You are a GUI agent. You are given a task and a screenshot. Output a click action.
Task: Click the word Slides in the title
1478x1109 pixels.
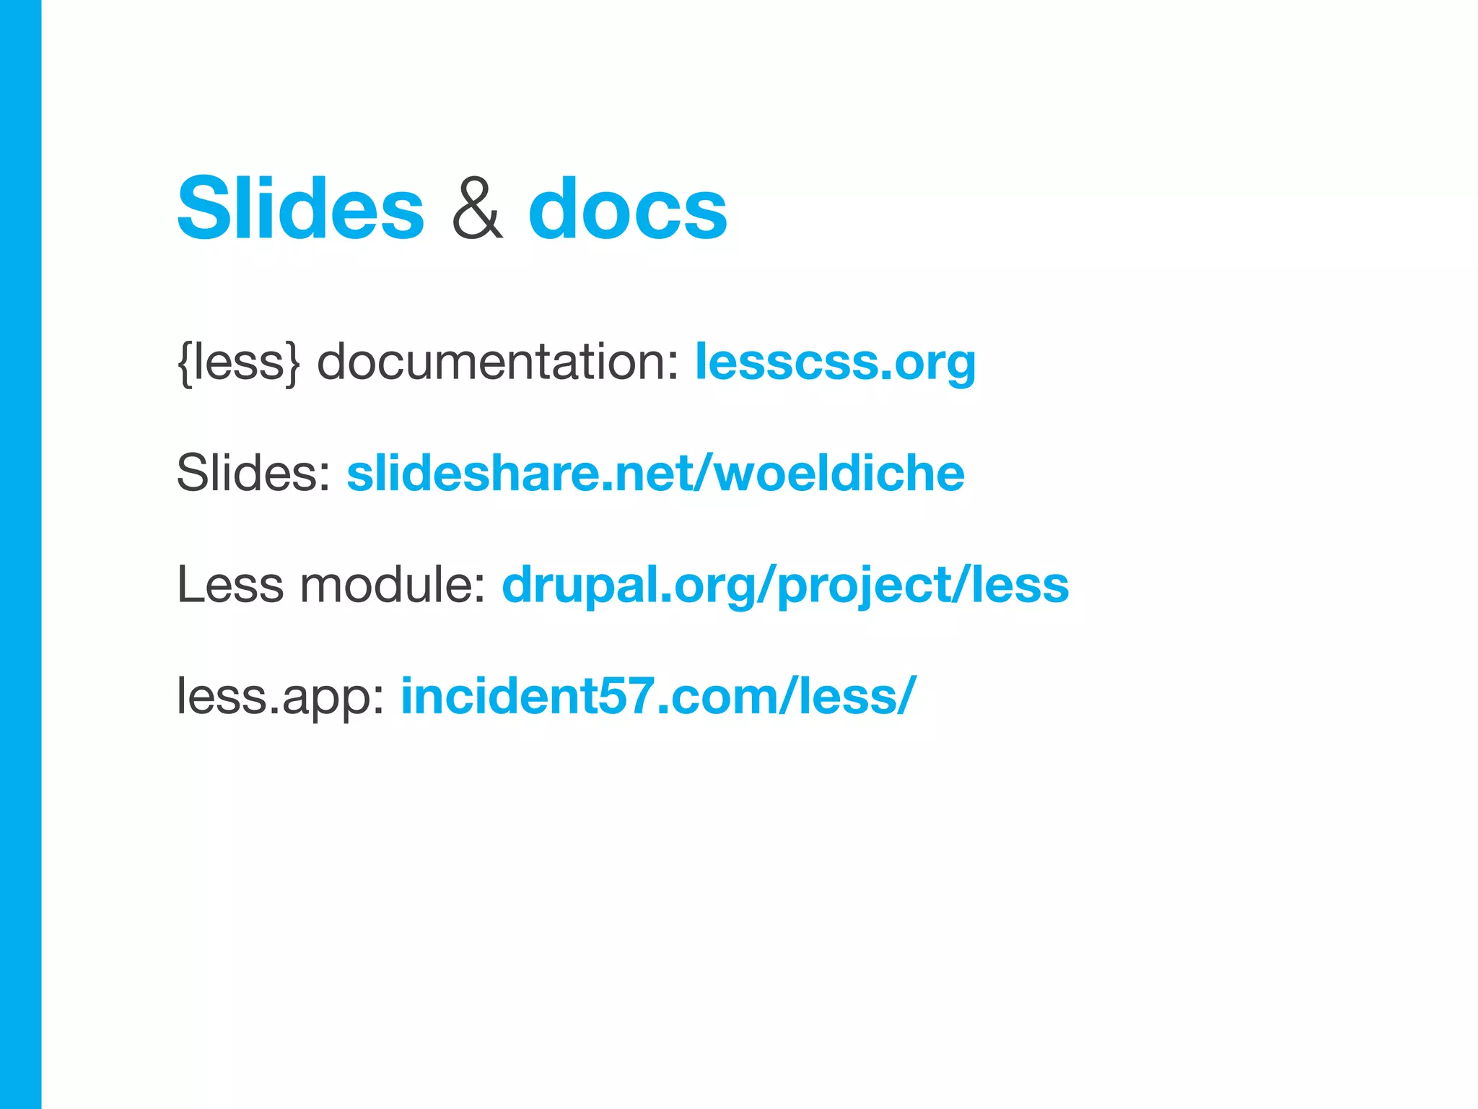[x=300, y=209]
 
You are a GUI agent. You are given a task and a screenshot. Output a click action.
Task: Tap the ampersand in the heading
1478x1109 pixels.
[x=476, y=209]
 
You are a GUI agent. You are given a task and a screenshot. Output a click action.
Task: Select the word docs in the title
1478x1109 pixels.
[x=628, y=209]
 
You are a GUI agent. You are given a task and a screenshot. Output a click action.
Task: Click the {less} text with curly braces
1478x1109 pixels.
[x=238, y=362]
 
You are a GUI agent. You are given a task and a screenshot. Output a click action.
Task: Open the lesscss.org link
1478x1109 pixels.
[x=835, y=362]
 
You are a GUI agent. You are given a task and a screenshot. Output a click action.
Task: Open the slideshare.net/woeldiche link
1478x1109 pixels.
[x=655, y=474]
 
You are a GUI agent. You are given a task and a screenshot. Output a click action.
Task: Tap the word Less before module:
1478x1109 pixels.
[x=230, y=585]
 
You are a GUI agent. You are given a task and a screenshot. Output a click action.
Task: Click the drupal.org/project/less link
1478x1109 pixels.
[x=785, y=585]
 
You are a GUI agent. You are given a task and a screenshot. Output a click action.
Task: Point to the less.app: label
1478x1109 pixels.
[x=281, y=696]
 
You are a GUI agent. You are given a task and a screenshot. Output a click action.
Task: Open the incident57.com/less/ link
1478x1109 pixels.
[x=658, y=696]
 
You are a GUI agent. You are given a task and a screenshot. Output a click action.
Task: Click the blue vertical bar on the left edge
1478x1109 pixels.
[x=20, y=554]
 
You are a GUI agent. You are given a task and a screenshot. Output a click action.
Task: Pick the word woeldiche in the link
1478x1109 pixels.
[x=839, y=474]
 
